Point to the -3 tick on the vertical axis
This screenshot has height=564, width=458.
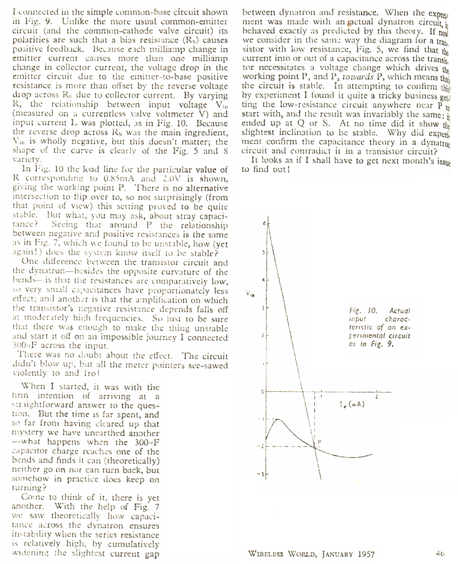(264, 473)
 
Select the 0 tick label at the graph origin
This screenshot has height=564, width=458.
(263, 391)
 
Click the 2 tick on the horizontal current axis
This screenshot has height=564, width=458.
(377, 396)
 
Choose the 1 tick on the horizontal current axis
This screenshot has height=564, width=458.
(322, 396)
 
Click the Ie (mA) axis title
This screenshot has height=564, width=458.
(354, 406)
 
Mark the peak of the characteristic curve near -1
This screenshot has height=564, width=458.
(279, 419)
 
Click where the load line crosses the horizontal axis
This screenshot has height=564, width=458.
(304, 391)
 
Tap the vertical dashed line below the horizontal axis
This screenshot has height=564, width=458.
(316, 418)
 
